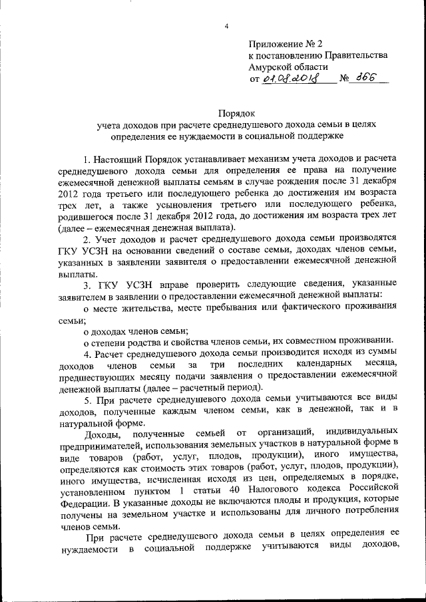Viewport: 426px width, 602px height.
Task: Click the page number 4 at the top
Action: [x=226, y=26]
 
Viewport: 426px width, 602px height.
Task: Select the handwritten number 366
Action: [x=365, y=78]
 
